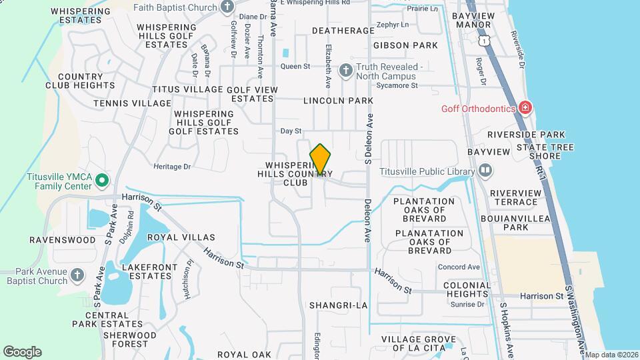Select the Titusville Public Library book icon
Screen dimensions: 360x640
click(485, 171)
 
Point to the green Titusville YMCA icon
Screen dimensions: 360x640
click(101, 180)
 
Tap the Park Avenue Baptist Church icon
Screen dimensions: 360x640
click(77, 274)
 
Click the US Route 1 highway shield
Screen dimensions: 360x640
click(483, 41)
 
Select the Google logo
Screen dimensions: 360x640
click(22, 352)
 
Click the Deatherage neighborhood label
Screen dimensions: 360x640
click(343, 31)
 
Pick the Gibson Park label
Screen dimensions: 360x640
click(405, 45)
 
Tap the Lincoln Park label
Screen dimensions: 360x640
click(337, 101)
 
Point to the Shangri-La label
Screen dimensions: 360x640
click(338, 305)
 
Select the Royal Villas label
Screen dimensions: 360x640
click(181, 237)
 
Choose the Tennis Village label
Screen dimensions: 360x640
click(132, 103)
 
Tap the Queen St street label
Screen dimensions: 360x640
click(295, 66)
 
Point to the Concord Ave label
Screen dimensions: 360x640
click(459, 267)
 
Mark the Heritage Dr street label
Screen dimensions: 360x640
click(172, 167)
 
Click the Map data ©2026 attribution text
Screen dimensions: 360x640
click(612, 355)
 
